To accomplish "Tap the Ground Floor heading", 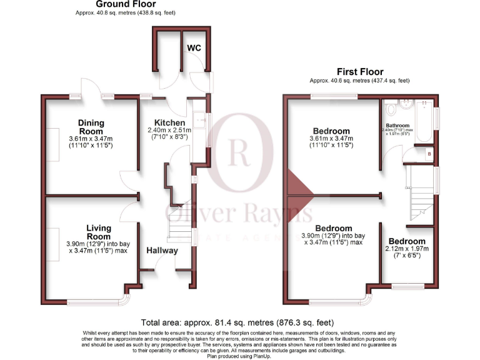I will tap(117, 4).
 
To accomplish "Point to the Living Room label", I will tap(98, 232).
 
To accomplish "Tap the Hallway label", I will tap(162, 251).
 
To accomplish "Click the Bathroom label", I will tap(401, 125).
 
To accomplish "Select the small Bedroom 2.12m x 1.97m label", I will tap(407, 241).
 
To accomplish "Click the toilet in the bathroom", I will tap(391, 110).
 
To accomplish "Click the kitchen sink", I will tap(198, 117).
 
